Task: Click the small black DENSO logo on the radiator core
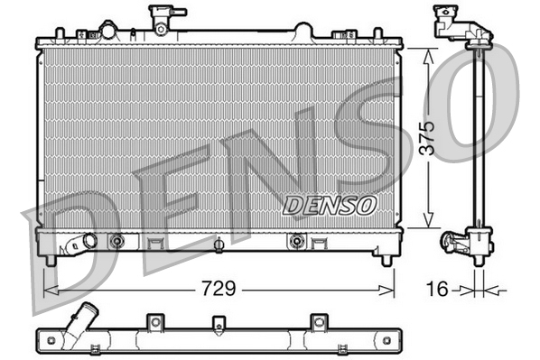(329, 205)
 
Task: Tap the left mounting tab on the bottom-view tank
(155, 322)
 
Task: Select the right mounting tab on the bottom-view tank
(317, 322)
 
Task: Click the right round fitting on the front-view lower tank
(296, 241)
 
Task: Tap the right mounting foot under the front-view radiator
(386, 260)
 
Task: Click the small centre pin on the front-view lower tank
(218, 243)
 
